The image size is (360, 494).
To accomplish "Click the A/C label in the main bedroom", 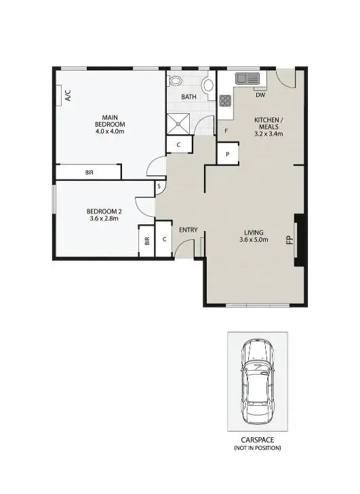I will [x=67, y=96].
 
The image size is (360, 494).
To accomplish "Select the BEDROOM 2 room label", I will [x=104, y=213].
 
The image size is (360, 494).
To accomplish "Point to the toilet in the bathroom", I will [x=176, y=81].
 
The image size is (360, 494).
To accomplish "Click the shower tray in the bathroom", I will [x=180, y=124].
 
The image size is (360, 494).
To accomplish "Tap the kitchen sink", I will [x=247, y=79].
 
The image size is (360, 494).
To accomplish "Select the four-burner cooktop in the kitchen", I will [x=225, y=101].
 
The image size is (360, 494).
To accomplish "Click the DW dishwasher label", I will [x=260, y=96].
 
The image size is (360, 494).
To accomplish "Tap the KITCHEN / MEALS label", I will [x=268, y=126].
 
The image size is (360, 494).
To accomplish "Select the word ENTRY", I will [x=188, y=230].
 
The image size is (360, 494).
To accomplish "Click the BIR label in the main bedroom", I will [x=89, y=173].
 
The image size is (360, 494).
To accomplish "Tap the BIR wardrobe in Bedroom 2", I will [x=146, y=241].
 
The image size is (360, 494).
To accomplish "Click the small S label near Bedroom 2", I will [x=159, y=186].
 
